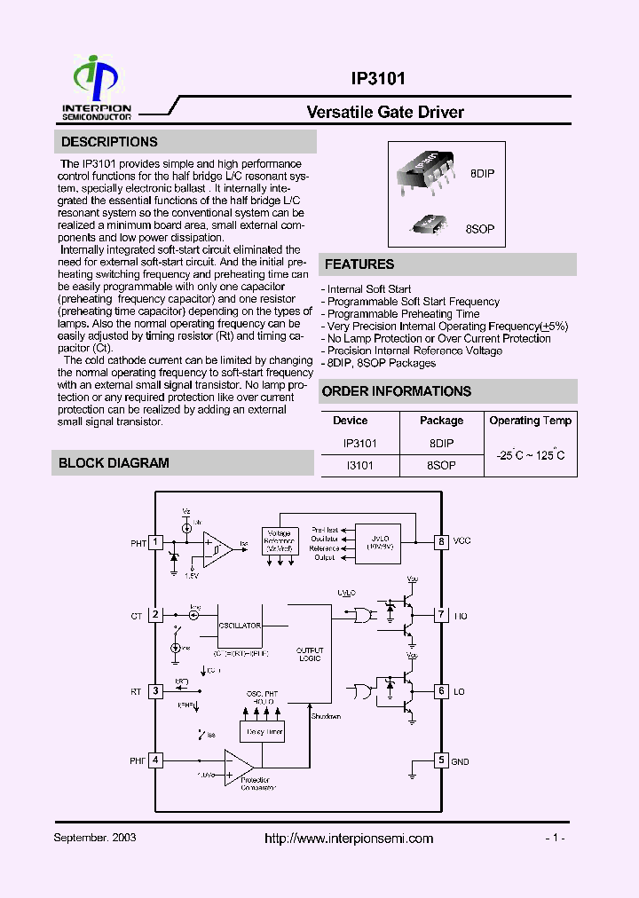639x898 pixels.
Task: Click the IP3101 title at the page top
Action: (378, 79)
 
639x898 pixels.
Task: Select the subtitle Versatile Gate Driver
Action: (384, 112)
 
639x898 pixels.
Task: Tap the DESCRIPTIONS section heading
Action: (109, 142)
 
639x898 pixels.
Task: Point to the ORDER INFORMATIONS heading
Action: (396, 391)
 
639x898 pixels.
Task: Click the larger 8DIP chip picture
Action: (429, 170)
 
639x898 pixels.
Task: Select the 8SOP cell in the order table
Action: (441, 464)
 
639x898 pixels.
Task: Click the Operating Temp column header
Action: (531, 421)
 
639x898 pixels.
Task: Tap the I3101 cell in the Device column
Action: (360, 464)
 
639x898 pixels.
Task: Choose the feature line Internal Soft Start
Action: (368, 289)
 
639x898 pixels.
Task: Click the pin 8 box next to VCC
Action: (440, 541)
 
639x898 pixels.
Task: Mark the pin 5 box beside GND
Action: (440, 760)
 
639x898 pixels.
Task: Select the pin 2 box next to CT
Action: (155, 614)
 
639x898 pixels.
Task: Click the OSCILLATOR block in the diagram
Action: (240, 626)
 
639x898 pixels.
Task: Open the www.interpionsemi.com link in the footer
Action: (350, 839)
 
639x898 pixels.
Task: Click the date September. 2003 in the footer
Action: (95, 838)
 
